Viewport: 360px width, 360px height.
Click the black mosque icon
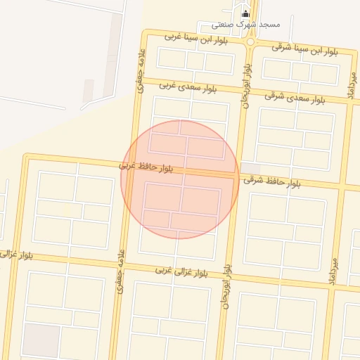(245, 13)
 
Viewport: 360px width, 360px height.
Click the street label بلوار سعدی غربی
(188, 87)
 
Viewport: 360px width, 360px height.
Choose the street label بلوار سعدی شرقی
(295, 97)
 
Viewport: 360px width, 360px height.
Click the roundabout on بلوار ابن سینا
(250, 42)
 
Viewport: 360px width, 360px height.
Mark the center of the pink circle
(179, 179)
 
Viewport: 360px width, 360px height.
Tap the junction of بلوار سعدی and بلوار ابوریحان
(244, 92)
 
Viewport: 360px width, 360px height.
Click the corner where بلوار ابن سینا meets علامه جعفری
(145, 34)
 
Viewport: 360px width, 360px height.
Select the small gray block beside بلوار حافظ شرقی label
(250, 168)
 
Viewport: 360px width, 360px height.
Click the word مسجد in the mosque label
(270, 24)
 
